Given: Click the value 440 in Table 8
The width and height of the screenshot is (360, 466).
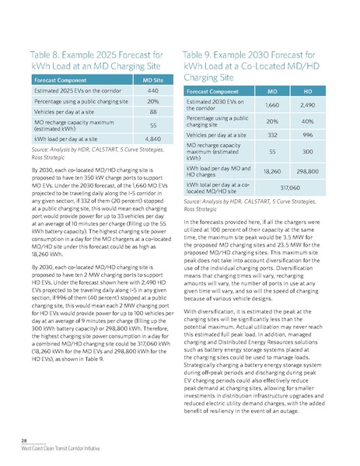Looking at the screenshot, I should (x=152, y=90).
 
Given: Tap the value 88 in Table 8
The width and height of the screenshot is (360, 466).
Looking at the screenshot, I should (x=152, y=112).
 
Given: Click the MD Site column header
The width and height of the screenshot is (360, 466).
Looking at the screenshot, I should (x=152, y=79).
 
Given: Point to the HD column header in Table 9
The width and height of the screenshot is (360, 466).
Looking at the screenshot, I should (x=305, y=91).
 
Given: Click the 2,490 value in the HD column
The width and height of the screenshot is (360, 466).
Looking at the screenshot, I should (x=305, y=105).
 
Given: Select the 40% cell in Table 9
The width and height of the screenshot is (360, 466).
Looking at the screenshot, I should (x=305, y=121).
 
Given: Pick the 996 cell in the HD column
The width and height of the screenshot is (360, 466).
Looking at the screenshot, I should (x=305, y=135).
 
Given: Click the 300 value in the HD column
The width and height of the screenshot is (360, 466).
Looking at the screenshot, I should (x=305, y=152).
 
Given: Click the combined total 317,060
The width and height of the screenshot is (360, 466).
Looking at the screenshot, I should (x=284, y=187).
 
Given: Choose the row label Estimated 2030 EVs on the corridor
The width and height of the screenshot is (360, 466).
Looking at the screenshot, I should (x=210, y=105).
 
